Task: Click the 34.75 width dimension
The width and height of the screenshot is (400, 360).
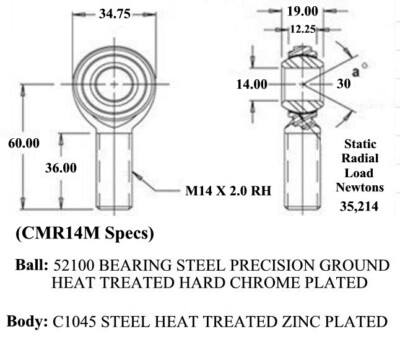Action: [115, 14]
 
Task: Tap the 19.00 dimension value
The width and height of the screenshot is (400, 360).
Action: [303, 11]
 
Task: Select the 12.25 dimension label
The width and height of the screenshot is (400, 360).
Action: [303, 29]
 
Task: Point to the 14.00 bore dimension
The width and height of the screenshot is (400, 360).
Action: [252, 84]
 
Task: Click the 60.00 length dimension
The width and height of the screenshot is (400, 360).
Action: [24, 143]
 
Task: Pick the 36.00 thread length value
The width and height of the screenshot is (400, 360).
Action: [61, 168]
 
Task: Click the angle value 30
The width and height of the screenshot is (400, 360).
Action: [344, 83]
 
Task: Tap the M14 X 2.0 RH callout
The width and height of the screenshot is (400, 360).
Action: [228, 191]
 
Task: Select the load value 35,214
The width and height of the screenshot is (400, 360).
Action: [359, 206]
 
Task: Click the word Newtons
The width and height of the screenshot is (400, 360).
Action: [360, 187]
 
